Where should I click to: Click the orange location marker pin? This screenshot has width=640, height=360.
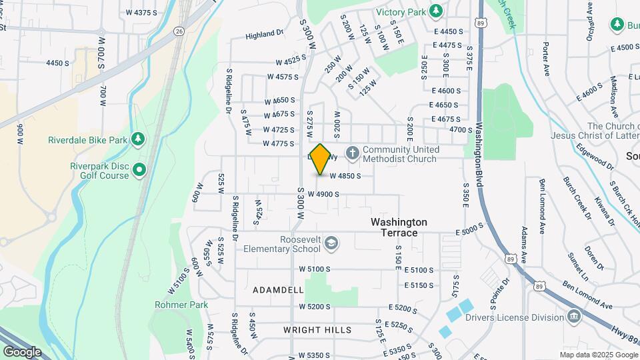[321, 159]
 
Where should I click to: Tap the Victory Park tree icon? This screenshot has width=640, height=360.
[436, 11]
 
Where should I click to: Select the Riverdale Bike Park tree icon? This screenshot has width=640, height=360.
[139, 139]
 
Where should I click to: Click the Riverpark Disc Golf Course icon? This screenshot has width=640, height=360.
[139, 170]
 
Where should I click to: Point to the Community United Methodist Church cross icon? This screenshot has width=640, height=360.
[352, 154]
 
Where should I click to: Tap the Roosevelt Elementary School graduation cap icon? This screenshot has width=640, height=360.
[331, 244]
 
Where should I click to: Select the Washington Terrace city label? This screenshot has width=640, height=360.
[399, 227]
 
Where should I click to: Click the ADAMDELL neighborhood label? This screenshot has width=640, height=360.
[278, 290]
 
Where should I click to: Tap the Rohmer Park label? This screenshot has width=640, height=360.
[181, 305]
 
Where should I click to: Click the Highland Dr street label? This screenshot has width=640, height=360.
[265, 35]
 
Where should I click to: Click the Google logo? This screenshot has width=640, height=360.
[22, 351]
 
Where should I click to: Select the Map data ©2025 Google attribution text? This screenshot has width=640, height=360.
[597, 355]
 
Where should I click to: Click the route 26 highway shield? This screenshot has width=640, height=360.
[179, 31]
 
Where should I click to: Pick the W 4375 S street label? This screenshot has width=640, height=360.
[141, 13]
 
